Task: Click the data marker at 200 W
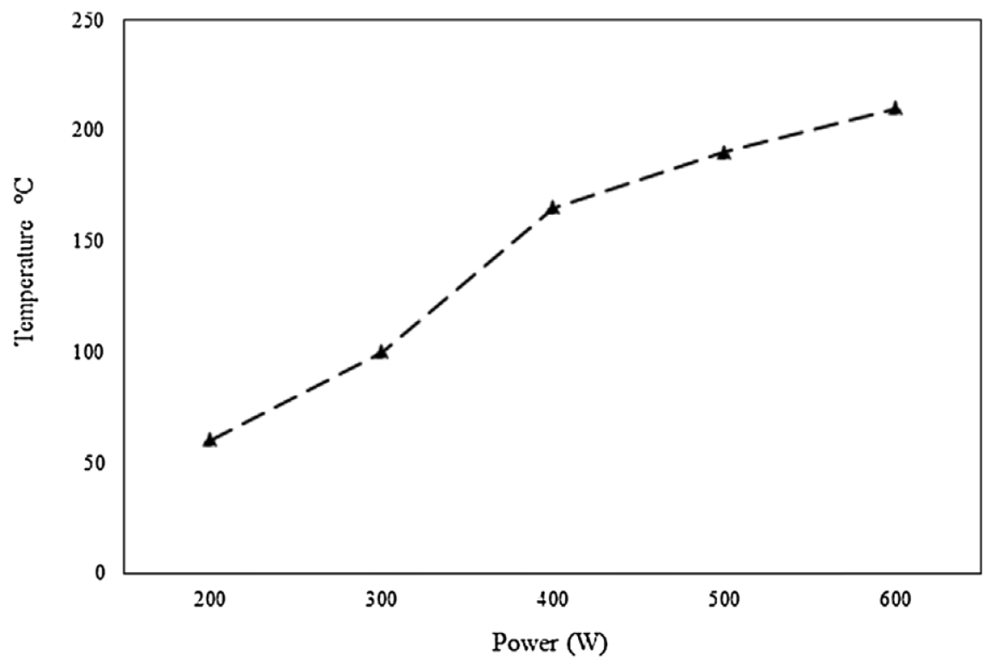(x=209, y=440)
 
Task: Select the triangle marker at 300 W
(x=380, y=352)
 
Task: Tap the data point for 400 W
(x=552, y=208)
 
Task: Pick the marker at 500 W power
(x=724, y=153)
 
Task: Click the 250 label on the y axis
(x=88, y=20)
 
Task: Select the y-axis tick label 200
(x=88, y=130)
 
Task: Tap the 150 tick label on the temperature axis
(x=88, y=241)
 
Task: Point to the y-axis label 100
(x=88, y=352)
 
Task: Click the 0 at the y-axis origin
(x=100, y=573)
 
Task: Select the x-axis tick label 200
(x=209, y=600)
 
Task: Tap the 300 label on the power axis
(x=380, y=600)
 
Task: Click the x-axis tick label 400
(x=552, y=600)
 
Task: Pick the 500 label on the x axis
(x=724, y=600)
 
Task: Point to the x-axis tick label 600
(x=895, y=600)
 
